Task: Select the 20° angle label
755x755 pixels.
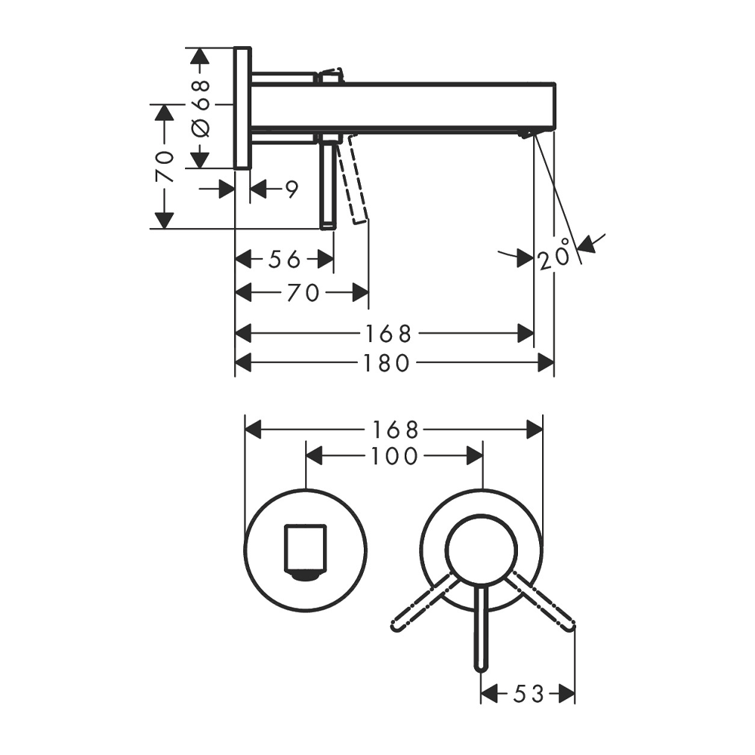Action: pyautogui.click(x=554, y=259)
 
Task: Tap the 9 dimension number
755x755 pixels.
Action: pyautogui.click(x=292, y=189)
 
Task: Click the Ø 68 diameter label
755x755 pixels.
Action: pyautogui.click(x=200, y=107)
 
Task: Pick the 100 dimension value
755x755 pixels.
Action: pyautogui.click(x=393, y=456)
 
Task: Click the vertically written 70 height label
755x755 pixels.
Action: pyautogui.click(x=165, y=166)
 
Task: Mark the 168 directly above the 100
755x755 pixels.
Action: pyautogui.click(x=393, y=430)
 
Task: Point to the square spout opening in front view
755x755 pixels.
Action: pyautogui.click(x=305, y=548)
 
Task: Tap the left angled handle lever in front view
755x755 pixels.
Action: pyautogui.click(x=423, y=602)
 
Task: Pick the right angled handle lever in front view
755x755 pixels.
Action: pyautogui.click(x=542, y=602)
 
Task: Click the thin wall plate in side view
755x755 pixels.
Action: pyautogui.click(x=242, y=107)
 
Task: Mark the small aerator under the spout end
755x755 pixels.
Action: pyautogui.click(x=525, y=134)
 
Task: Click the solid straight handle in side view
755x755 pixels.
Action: pyautogui.click(x=328, y=185)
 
